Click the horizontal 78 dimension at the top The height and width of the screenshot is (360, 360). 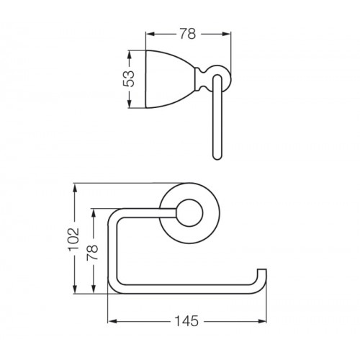(188, 34)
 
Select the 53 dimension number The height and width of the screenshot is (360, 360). (129, 79)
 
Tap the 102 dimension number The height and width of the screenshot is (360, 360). (74, 239)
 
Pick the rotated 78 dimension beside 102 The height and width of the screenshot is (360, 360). (93, 253)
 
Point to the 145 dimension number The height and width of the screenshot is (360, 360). (186, 321)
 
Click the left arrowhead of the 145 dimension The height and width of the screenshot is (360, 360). (112, 321)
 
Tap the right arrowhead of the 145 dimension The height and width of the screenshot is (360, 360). (262, 321)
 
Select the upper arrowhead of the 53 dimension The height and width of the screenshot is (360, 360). (129, 55)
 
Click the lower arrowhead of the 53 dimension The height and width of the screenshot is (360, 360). (129, 103)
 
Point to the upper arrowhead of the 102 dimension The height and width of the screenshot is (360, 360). (76, 189)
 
